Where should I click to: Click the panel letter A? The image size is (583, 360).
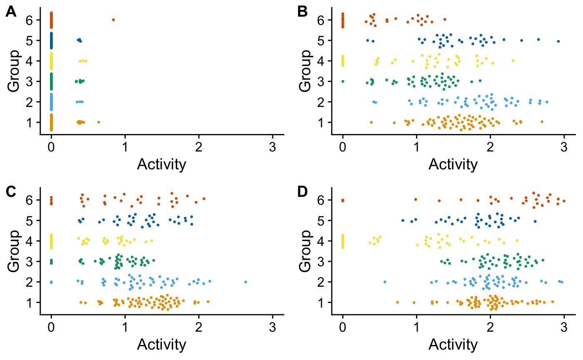point(11,12)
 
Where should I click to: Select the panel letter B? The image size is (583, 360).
point(303,12)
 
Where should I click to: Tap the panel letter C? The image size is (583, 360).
point(11,192)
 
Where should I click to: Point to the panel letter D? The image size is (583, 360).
point(303,192)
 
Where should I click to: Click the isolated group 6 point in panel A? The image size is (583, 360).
point(113,20)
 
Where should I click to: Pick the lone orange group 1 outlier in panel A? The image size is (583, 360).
point(99,122)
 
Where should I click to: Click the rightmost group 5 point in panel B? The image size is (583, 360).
point(558,41)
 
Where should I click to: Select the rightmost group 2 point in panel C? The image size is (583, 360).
point(246,282)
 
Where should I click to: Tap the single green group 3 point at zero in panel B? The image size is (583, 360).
point(343,81)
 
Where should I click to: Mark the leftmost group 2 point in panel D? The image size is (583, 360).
point(384,282)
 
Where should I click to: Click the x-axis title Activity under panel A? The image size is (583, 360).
point(162,165)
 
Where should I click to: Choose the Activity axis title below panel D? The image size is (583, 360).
point(453,345)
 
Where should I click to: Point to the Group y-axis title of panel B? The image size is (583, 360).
point(306,71)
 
